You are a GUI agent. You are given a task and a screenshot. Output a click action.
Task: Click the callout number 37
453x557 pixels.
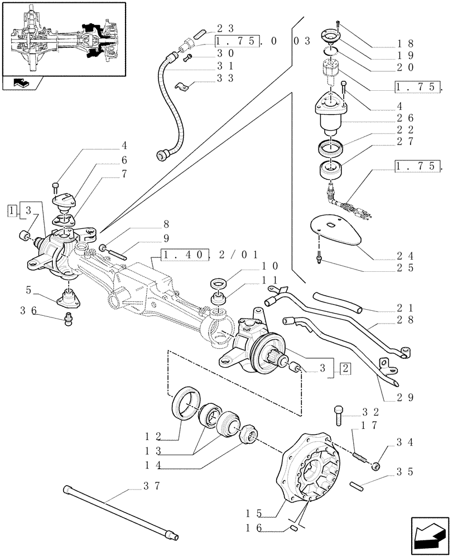tap(148, 486)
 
